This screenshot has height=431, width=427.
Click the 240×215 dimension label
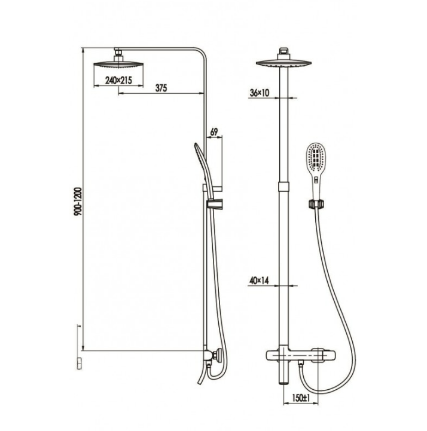click(x=118, y=80)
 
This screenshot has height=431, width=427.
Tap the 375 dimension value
click(x=161, y=88)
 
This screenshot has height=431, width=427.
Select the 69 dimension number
click(x=214, y=132)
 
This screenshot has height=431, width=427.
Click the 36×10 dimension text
click(x=259, y=93)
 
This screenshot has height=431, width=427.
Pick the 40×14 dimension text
click(x=259, y=281)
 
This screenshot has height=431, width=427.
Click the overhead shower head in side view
click(x=118, y=64)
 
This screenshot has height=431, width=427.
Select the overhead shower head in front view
click(x=284, y=63)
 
